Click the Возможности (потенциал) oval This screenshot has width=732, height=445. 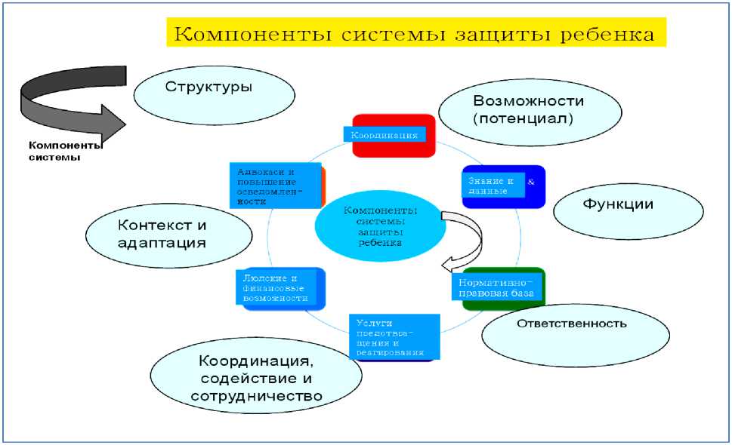pyautogui.click(x=530, y=110)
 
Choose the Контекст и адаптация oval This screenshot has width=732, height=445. pyautogui.click(x=162, y=235)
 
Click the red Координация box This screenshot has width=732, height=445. pyautogui.click(x=394, y=136)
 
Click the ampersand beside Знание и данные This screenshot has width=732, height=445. pyautogui.click(x=530, y=183)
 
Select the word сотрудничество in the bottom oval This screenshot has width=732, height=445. pyautogui.click(x=257, y=396)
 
